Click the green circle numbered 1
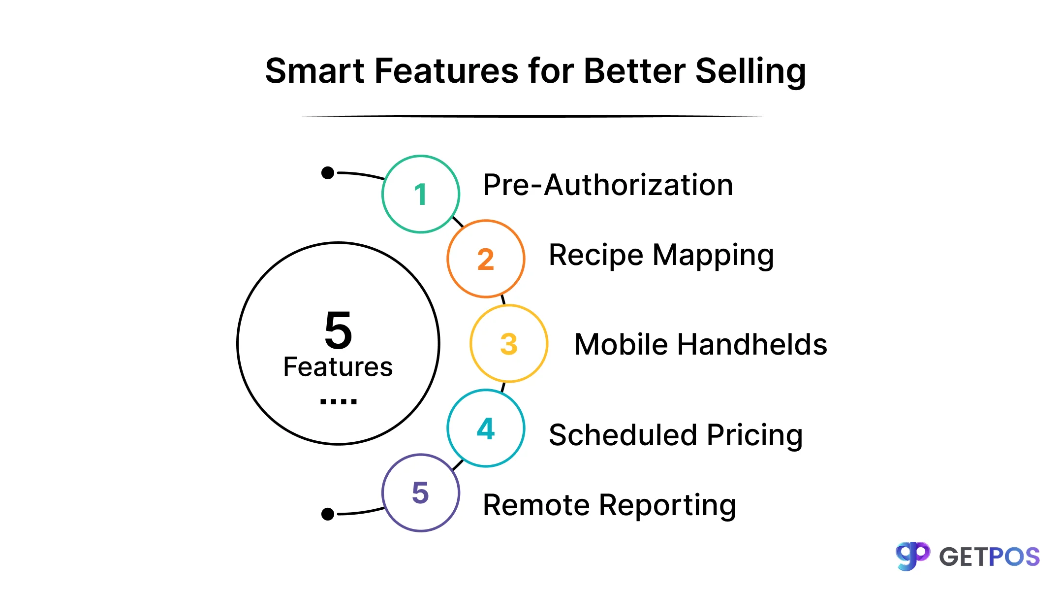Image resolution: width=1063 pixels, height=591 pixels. [421, 194]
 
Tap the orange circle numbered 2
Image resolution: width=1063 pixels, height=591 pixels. [486, 259]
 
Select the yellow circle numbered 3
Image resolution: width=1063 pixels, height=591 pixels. [509, 344]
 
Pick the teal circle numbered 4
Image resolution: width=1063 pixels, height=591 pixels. [486, 428]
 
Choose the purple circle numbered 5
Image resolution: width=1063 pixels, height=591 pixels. [421, 493]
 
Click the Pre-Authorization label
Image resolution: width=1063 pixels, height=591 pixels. [608, 185]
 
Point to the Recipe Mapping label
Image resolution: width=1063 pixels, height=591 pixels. [661, 256]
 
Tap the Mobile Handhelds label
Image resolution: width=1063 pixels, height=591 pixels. [700, 344]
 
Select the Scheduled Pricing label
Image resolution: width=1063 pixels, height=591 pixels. [675, 435]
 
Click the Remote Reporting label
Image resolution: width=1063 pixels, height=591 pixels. [609, 505]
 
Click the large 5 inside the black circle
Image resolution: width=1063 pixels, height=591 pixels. [339, 330]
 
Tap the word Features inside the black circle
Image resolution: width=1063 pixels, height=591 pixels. [338, 367]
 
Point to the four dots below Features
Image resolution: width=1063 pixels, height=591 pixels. [338, 402]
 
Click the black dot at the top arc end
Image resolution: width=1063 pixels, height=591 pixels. [328, 173]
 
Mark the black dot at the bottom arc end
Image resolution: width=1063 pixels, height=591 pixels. [328, 514]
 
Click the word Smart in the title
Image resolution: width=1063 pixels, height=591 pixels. [314, 71]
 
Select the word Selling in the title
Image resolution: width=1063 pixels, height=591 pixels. [750, 72]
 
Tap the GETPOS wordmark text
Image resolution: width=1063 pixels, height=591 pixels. [989, 557]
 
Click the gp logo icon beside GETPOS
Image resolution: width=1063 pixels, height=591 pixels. [912, 556]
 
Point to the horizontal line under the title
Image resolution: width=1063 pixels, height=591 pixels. [531, 116]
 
